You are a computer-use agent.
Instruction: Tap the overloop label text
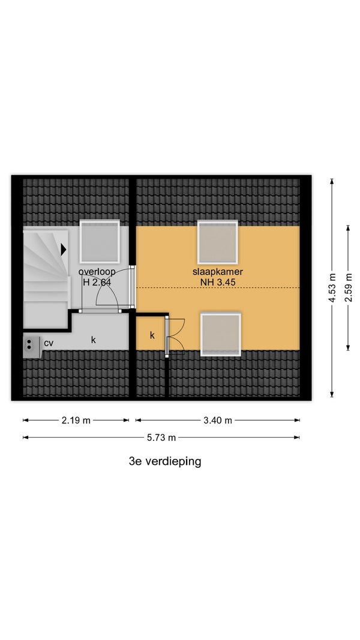tap(97, 272)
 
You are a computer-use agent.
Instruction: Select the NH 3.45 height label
tap(218, 282)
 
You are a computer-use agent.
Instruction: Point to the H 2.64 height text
tap(97, 282)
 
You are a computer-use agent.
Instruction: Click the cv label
tap(49, 343)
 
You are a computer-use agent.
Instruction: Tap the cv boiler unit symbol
tap(31, 347)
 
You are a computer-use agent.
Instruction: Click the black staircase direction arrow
tap(63, 250)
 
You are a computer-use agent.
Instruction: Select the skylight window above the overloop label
tap(100, 242)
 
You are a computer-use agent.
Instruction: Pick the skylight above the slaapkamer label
tap(218, 242)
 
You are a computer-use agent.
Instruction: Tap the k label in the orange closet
tap(152, 335)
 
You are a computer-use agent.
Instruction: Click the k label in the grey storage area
tap(94, 339)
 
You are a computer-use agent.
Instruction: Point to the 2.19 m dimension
tap(76, 420)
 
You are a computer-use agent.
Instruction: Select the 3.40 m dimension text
tap(218, 420)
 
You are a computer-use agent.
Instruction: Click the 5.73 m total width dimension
tap(161, 438)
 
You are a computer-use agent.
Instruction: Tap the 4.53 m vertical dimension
tap(332, 288)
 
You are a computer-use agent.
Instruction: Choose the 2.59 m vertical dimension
tap(348, 288)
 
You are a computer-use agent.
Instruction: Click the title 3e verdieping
tap(165, 462)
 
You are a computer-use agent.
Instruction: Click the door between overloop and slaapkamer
tap(131, 287)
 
